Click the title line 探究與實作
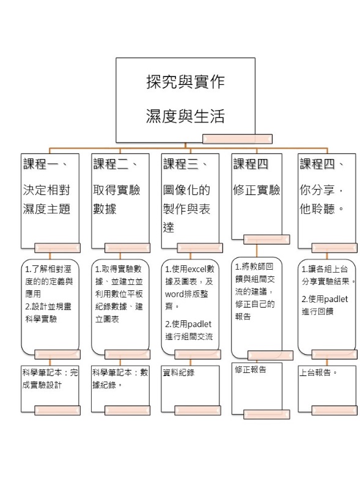click(x=186, y=82)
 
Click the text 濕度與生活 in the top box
click(x=186, y=116)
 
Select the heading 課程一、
click(x=45, y=164)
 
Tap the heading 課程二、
click(x=116, y=164)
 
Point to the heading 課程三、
click(x=186, y=164)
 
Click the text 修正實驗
click(x=257, y=190)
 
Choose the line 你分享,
click(x=321, y=190)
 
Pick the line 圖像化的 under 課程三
click(x=186, y=190)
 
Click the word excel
click(x=197, y=269)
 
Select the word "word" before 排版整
click(x=174, y=294)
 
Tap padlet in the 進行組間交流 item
click(x=199, y=324)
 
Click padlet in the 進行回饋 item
click(x=336, y=299)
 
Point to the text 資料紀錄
click(x=178, y=372)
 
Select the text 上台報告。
click(x=318, y=372)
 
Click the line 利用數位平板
click(x=119, y=294)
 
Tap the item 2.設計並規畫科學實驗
click(x=48, y=313)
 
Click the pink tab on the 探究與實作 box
click(x=237, y=139)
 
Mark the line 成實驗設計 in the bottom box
click(x=42, y=385)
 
